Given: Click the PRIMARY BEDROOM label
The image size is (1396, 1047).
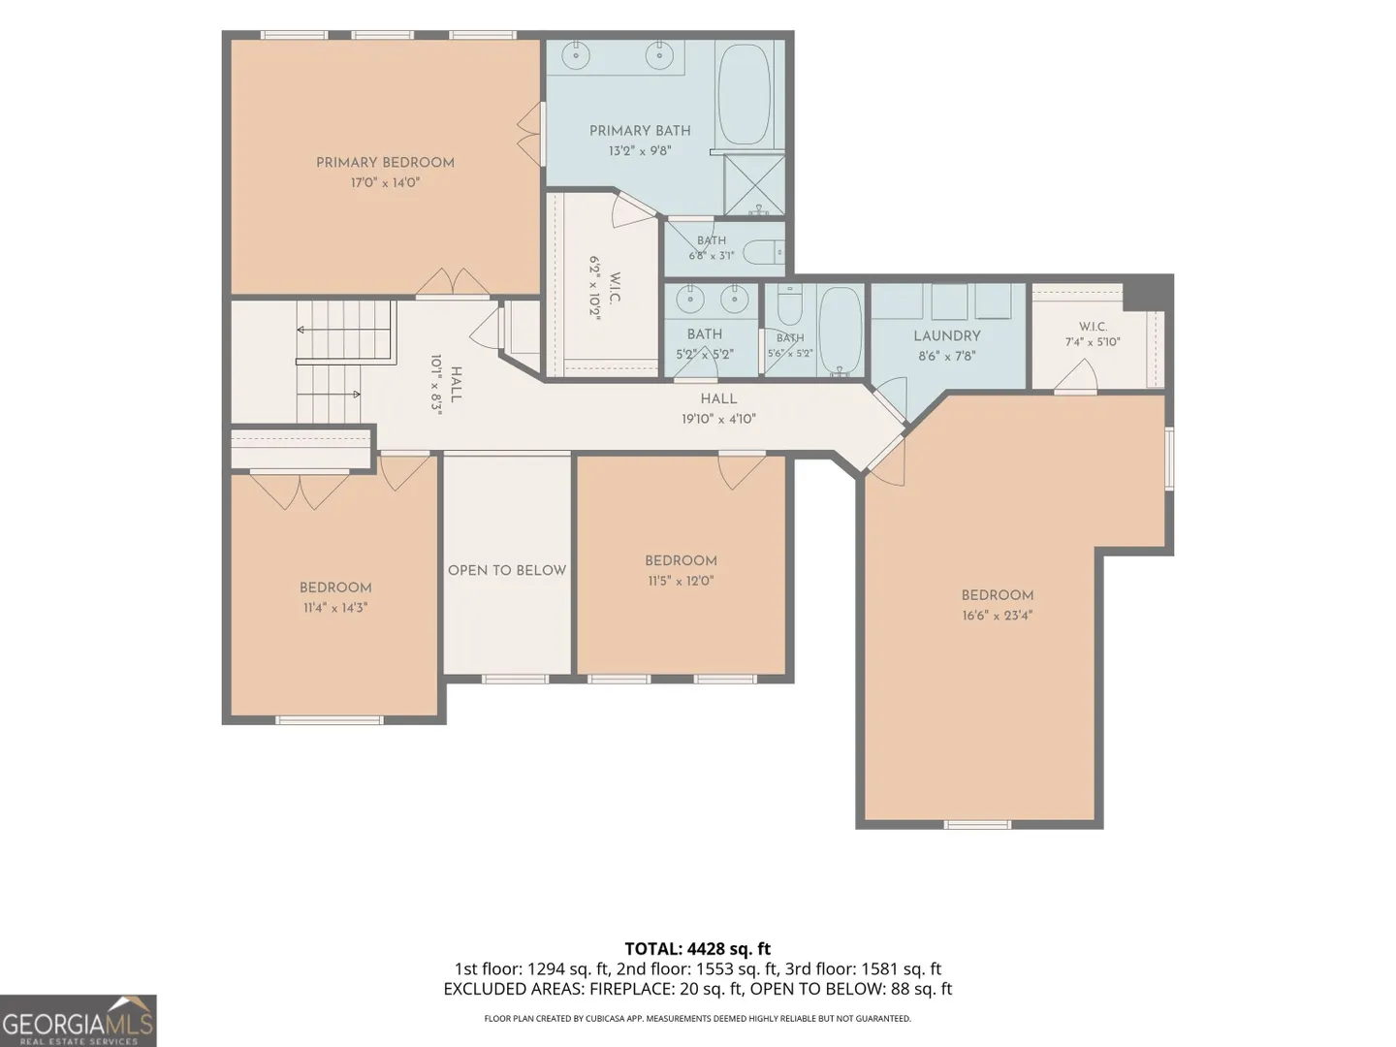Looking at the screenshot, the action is point(386,163).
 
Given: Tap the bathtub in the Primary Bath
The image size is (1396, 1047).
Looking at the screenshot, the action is point(743,95).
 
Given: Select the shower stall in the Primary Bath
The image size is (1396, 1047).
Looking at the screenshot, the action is point(754,184).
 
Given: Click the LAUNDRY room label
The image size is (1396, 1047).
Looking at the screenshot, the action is point(947,336).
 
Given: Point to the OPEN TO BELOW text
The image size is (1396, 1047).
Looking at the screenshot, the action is point(507,570).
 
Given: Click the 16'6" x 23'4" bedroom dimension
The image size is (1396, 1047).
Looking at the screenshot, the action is point(997,616).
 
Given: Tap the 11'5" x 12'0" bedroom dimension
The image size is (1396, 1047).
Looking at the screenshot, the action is point(681,581).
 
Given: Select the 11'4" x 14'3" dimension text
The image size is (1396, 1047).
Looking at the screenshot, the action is point(335,608).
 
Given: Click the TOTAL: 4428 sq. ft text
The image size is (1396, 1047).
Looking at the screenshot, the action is point(698,949).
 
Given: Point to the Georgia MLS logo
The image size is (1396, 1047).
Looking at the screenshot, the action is point(78,1020).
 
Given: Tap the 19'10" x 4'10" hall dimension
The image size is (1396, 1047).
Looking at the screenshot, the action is point(718,419).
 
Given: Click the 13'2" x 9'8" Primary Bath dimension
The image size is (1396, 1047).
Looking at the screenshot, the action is point(640,151).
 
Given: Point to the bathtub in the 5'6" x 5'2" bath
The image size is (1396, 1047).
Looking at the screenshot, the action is point(840,332).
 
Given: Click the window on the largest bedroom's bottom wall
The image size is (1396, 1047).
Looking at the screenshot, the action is point(977,825).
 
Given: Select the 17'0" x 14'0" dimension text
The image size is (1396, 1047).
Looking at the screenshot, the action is point(386,183).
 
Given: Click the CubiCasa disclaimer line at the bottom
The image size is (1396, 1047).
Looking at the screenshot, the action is point(698,1018).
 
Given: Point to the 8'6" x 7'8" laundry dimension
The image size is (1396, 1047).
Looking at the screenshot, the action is point(947,357).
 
